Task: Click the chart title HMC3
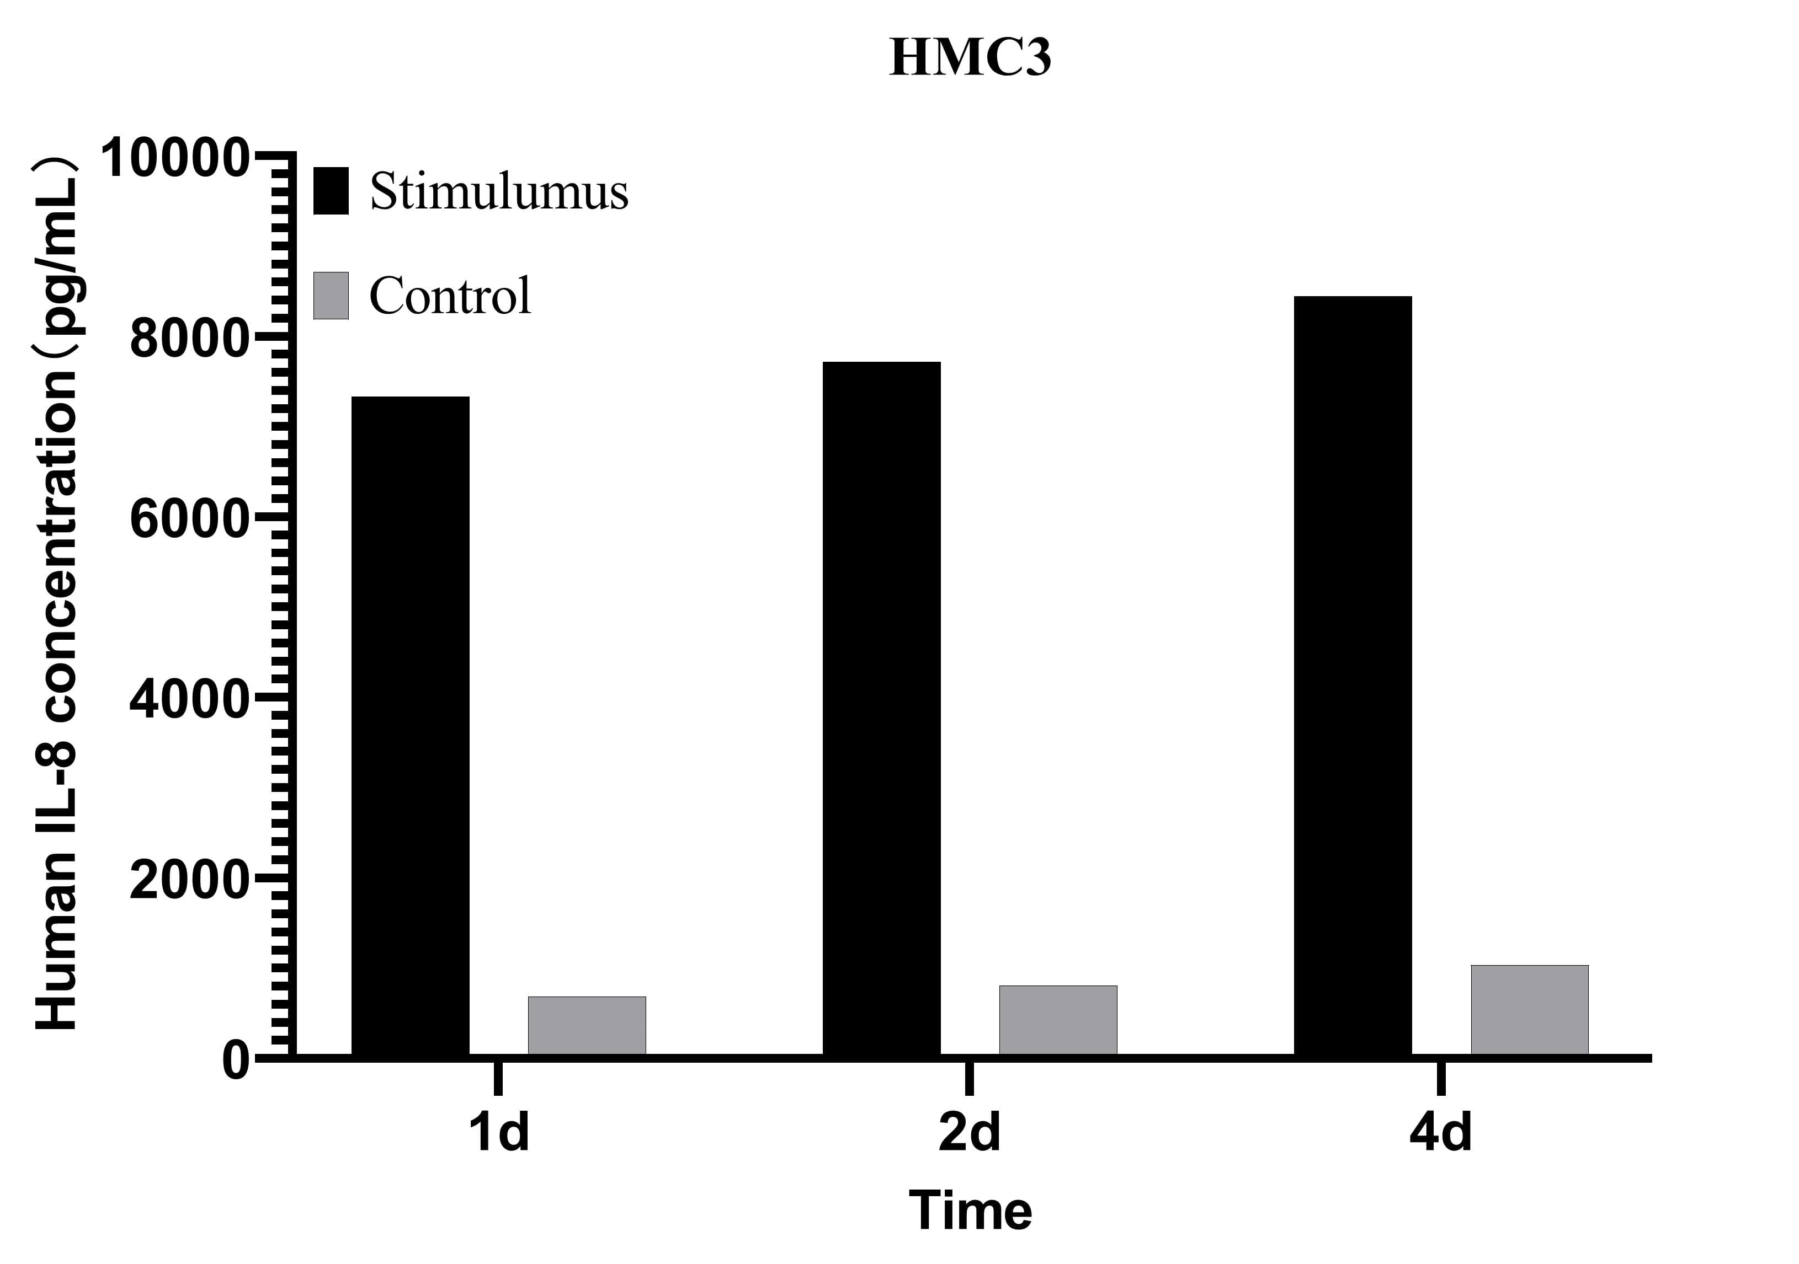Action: point(970,57)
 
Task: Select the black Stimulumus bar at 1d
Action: point(411,725)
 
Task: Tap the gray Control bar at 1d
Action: point(587,1025)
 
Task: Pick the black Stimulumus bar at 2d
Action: point(881,708)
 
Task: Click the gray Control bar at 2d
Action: point(1058,1020)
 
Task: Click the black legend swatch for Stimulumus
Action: point(331,190)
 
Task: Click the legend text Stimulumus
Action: point(498,190)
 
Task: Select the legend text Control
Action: point(450,296)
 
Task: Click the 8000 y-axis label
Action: point(189,339)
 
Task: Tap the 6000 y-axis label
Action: point(189,519)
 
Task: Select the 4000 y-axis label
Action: point(189,699)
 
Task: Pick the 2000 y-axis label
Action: point(189,880)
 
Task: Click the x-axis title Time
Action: point(970,1211)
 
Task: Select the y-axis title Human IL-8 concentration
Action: point(56,595)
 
